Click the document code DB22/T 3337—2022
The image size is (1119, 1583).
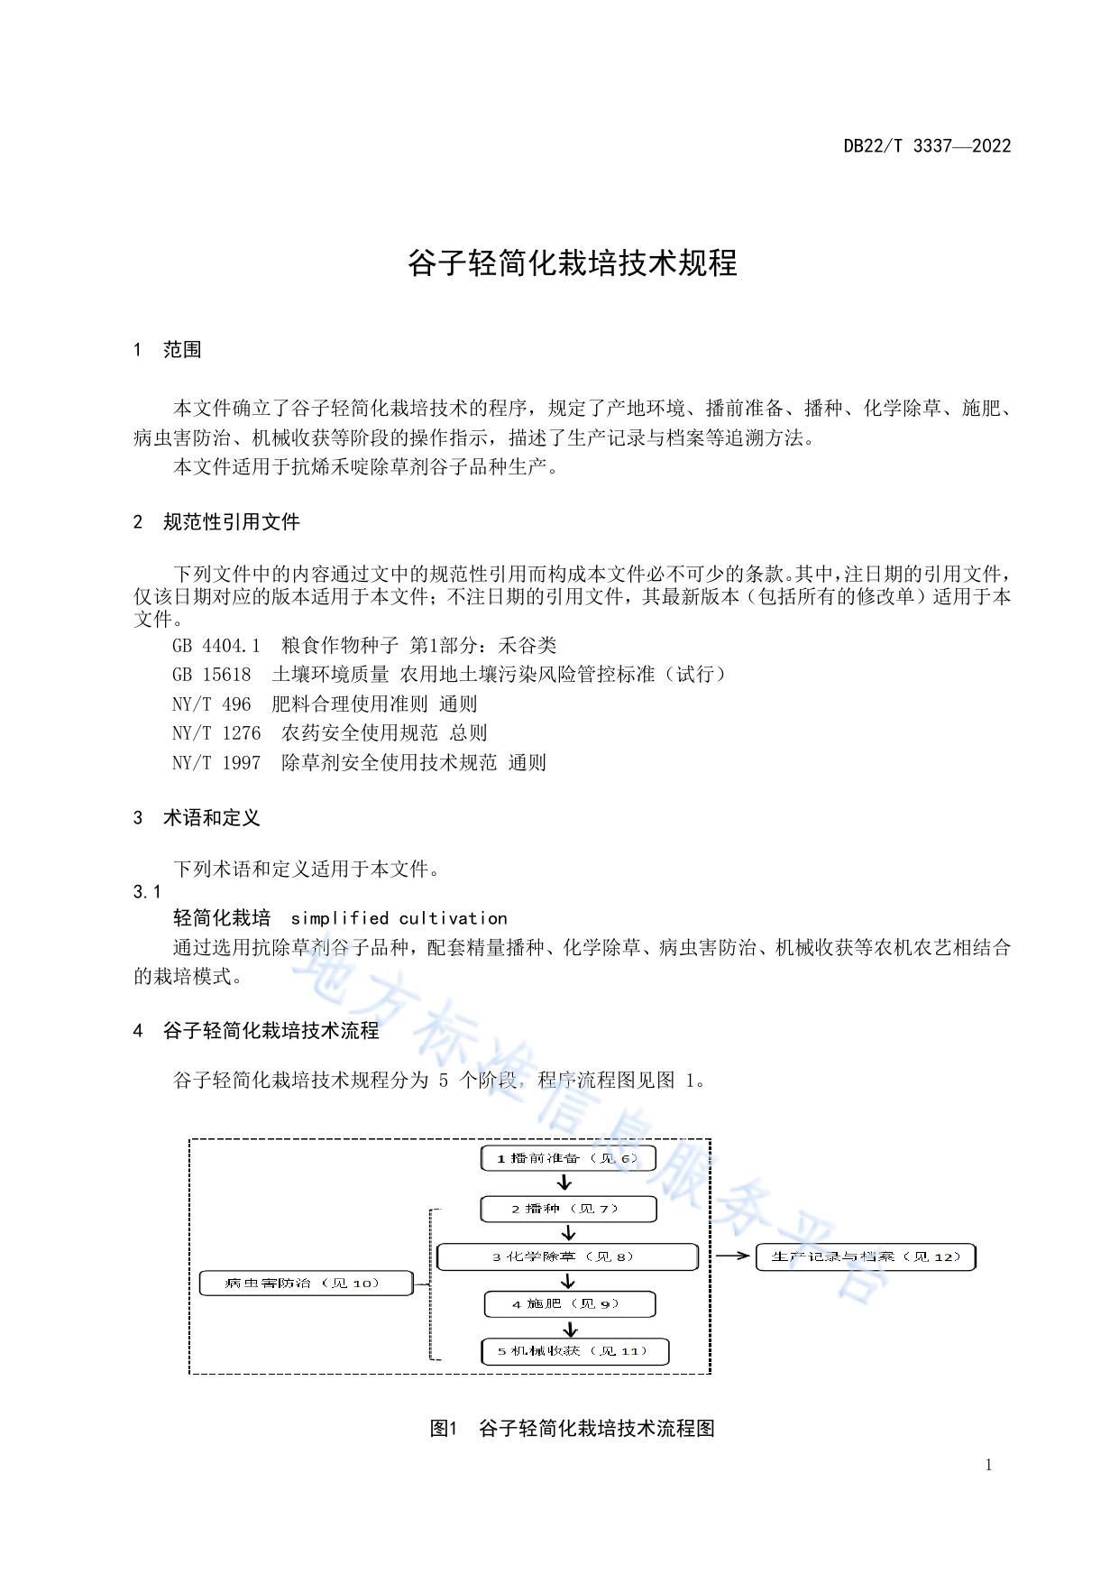click(x=927, y=146)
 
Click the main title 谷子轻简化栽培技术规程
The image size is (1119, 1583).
click(x=573, y=263)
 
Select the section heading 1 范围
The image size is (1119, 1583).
click(x=168, y=350)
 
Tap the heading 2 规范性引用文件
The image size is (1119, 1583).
click(x=216, y=521)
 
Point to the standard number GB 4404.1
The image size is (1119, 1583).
click(x=216, y=646)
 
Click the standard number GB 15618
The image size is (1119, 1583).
click(x=211, y=675)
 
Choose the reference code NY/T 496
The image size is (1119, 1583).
click(x=211, y=704)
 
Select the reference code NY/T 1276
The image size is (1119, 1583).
click(x=216, y=733)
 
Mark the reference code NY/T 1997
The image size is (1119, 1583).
click(x=216, y=763)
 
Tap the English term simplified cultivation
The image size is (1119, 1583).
click(x=399, y=918)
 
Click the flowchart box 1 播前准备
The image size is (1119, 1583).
click(x=568, y=1158)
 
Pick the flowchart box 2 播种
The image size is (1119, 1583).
click(x=568, y=1209)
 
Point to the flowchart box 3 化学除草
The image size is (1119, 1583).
click(x=568, y=1256)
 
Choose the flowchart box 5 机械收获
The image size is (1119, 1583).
click(x=574, y=1351)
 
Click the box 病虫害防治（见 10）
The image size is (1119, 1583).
click(x=305, y=1283)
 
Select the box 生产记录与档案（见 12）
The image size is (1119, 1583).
click(x=866, y=1256)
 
